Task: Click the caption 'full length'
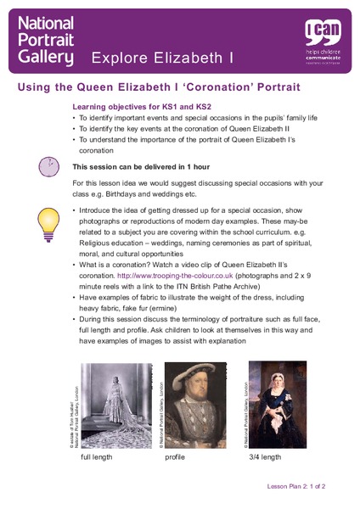[x=96, y=457]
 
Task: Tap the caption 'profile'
[x=175, y=457]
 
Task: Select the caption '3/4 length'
[x=264, y=457]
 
